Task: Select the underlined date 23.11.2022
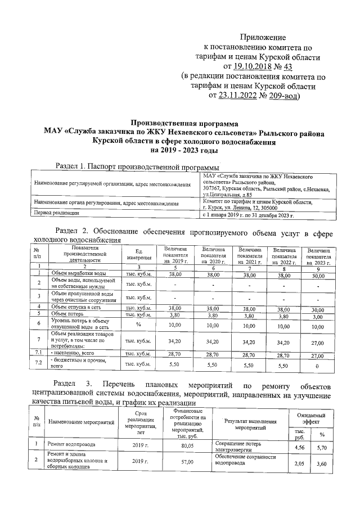pyautogui.click(x=248, y=96)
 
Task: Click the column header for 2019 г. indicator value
pyautogui.click(x=175, y=254)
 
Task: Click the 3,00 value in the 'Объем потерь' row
pyautogui.click(x=318, y=316)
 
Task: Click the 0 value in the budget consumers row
pyautogui.click(x=318, y=366)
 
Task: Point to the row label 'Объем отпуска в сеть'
pyautogui.click(x=72, y=308)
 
